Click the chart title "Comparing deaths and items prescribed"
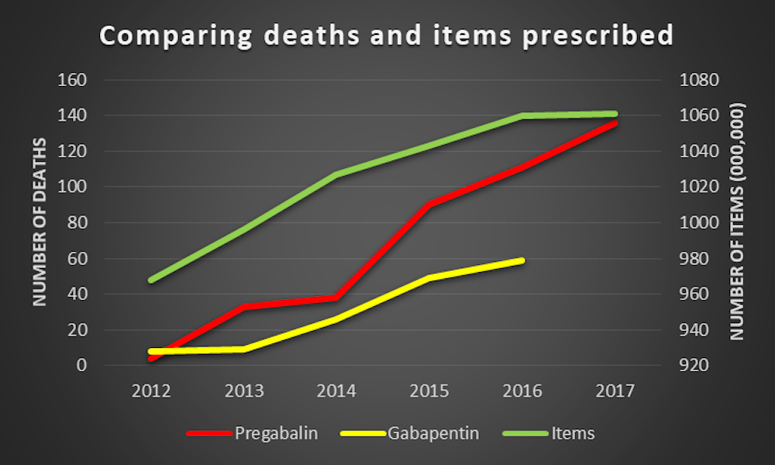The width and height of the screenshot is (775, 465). pyautogui.click(x=385, y=36)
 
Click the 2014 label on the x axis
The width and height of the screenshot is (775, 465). pyautogui.click(x=337, y=390)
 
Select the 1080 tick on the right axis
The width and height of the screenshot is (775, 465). pyautogui.click(x=700, y=80)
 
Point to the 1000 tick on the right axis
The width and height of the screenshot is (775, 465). pyautogui.click(x=700, y=222)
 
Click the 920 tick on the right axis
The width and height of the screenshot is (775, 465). pyautogui.click(x=696, y=365)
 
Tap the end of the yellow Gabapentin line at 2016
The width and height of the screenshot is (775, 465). pyautogui.click(x=523, y=260)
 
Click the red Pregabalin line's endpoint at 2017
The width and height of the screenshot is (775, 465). pyautogui.click(x=615, y=122)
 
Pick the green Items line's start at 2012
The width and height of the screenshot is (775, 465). pyautogui.click(x=150, y=280)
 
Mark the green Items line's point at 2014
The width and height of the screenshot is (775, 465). pyautogui.click(x=337, y=174)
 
